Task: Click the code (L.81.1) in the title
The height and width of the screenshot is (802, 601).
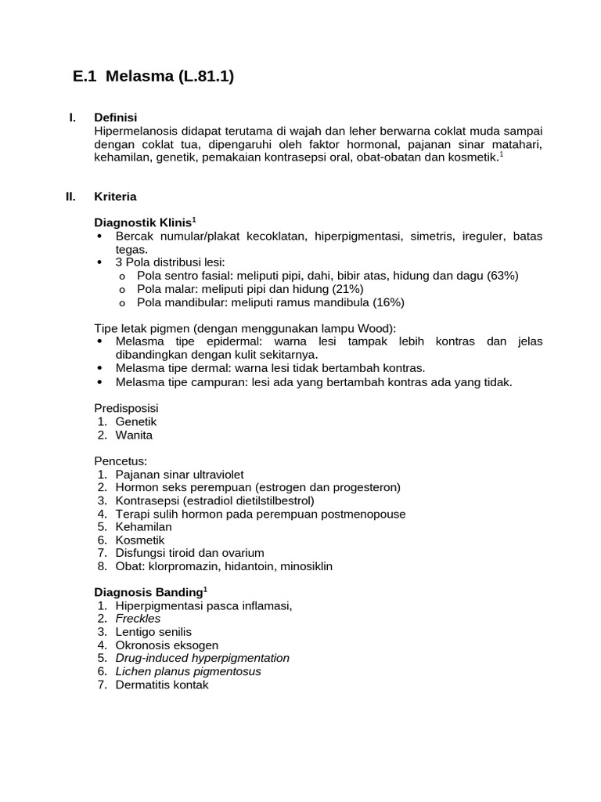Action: coord(199,77)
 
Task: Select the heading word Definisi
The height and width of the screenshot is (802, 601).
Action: coord(115,117)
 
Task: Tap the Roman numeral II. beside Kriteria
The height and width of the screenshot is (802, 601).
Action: coord(70,197)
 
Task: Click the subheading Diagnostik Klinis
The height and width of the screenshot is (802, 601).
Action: coord(142,223)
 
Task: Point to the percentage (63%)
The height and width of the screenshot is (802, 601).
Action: coord(502,276)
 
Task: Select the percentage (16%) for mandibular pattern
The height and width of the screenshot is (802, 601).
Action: coord(389,302)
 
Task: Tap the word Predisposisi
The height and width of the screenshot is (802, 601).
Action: coord(126,408)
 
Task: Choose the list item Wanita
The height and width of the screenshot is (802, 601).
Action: coord(134,435)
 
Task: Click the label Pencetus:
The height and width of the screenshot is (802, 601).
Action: coord(121,461)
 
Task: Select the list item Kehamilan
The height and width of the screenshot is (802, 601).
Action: coord(142,527)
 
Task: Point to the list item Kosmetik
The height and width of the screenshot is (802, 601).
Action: coord(140,540)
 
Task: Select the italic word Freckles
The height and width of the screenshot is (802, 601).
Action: coord(138,619)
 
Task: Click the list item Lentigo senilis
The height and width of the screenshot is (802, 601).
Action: coord(153,632)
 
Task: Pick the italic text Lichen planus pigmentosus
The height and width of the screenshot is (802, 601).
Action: coord(188,671)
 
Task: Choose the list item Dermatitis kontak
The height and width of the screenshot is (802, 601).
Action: coord(162,685)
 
